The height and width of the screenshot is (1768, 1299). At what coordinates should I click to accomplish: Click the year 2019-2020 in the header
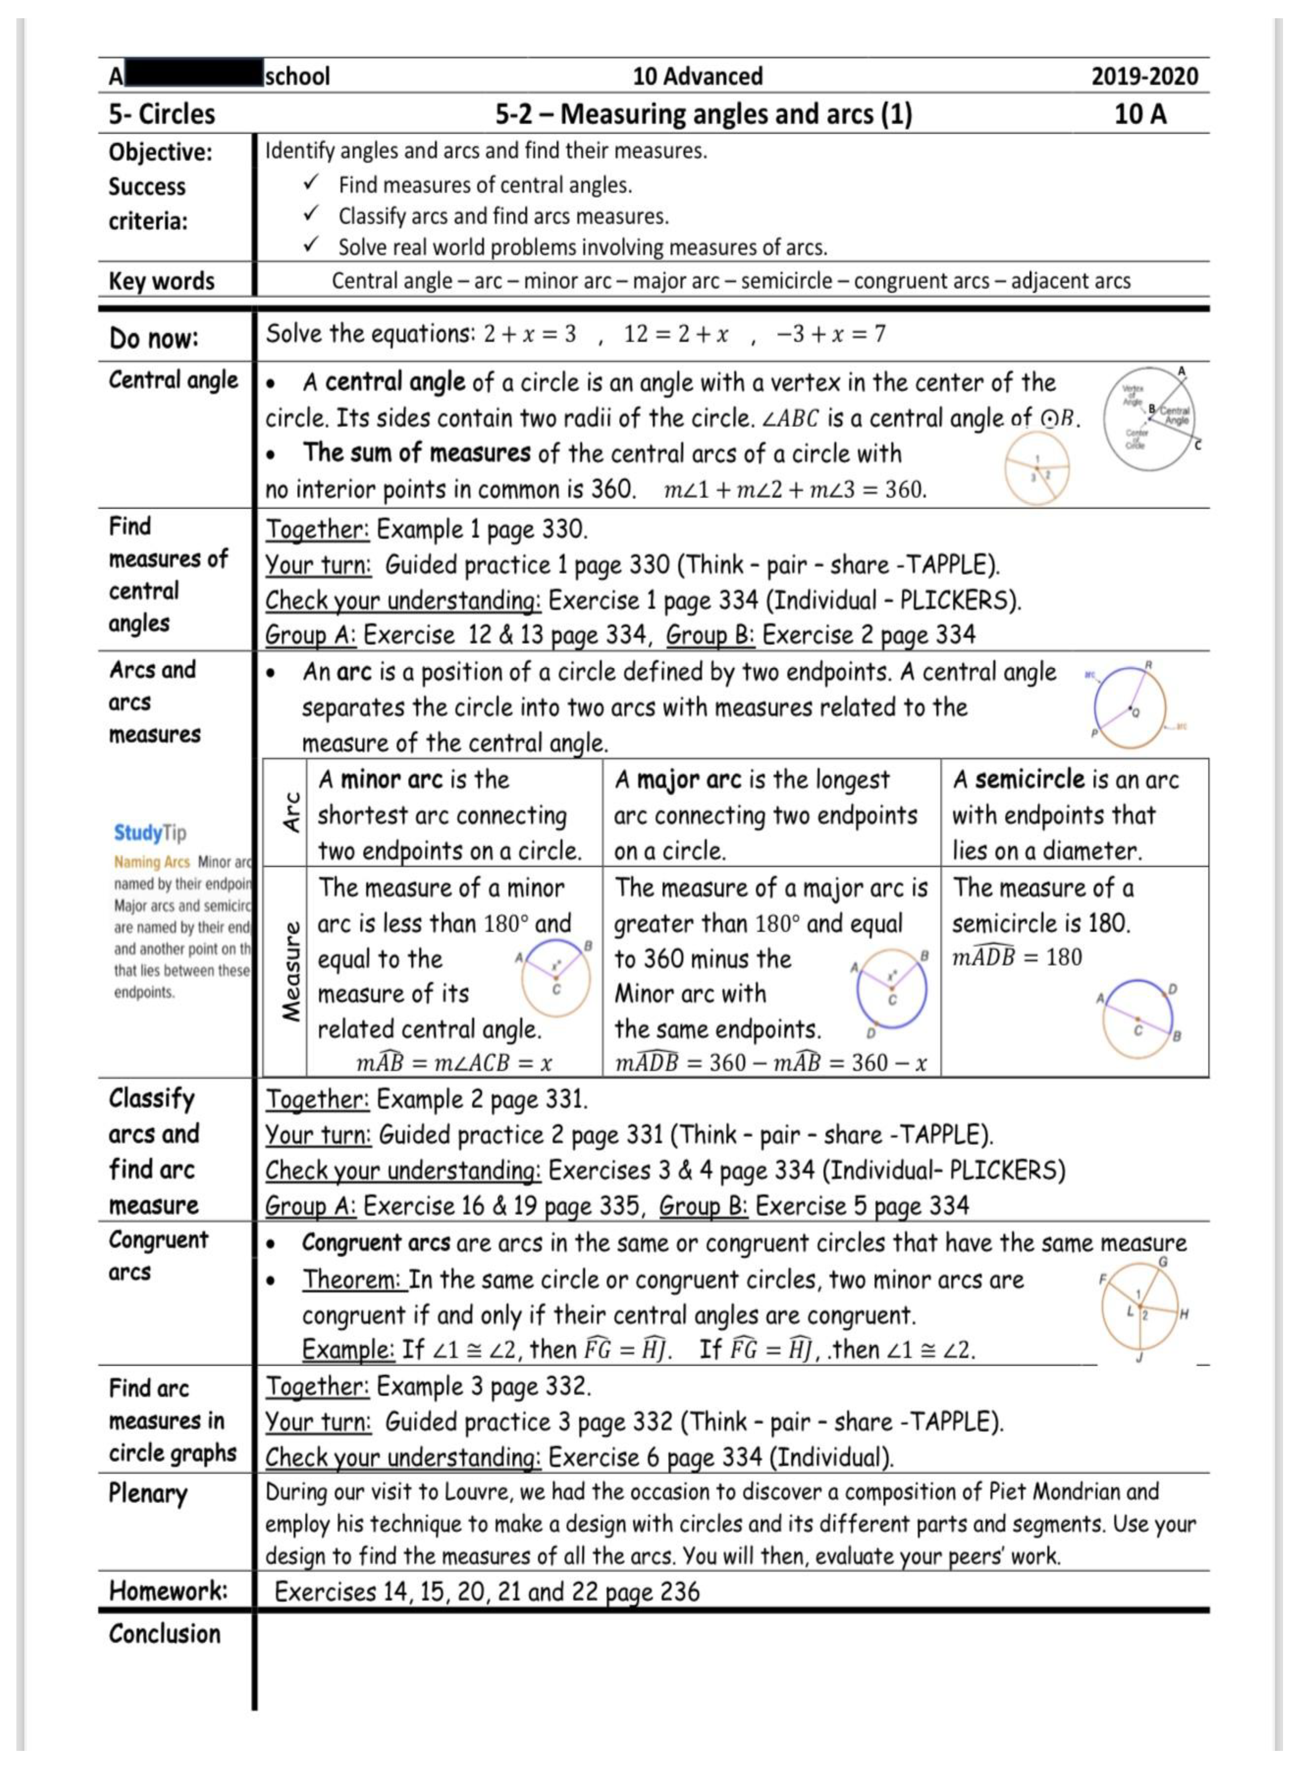click(1144, 76)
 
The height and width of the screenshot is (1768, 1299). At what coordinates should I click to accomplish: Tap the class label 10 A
click(1140, 114)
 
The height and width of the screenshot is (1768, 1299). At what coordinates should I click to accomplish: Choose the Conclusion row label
click(164, 1634)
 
